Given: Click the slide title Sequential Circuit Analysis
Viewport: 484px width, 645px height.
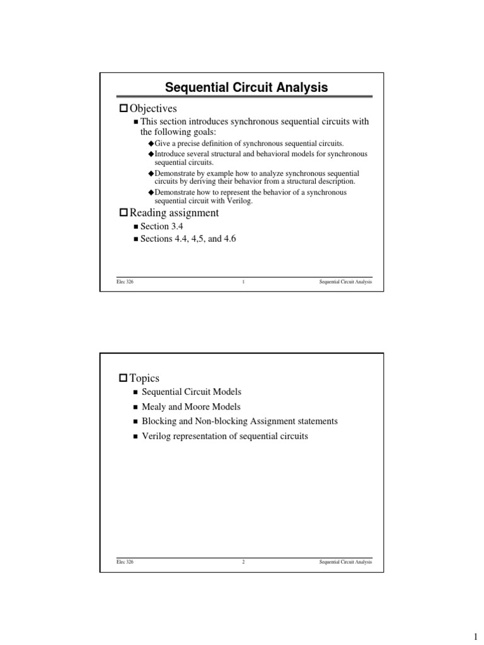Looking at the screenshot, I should pos(246,88).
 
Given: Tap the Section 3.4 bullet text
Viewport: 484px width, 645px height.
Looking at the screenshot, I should pos(154,226).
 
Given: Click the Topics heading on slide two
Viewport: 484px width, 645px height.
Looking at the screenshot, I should pos(144,378).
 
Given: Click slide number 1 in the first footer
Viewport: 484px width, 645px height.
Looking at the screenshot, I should pos(243,282).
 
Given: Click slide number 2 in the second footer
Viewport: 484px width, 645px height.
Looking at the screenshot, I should pos(243,562).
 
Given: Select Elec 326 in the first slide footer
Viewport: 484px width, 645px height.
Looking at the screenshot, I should pos(125,282).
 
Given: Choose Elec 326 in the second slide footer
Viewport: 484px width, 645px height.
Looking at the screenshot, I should pos(125,562).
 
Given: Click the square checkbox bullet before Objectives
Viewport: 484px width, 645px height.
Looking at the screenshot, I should pos(123,110).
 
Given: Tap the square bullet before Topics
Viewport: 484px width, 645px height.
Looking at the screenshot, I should pos(123,379).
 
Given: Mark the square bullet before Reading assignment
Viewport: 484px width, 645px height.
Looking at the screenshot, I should pos(123,214).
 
